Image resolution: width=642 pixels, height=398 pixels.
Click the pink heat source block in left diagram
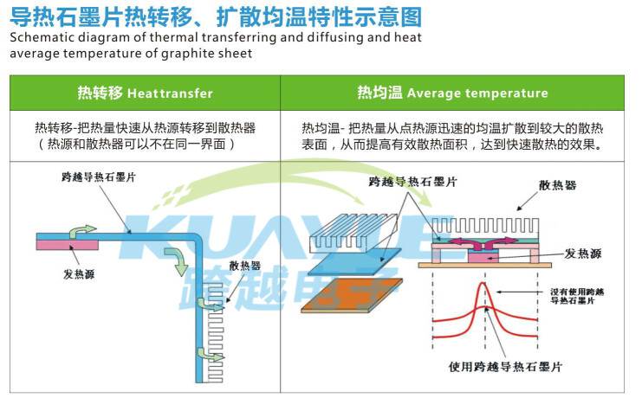(x=68, y=245)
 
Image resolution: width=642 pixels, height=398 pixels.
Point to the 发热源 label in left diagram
(x=79, y=273)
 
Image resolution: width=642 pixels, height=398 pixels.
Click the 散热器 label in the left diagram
(x=244, y=266)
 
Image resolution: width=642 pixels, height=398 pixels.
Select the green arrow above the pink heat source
(x=82, y=231)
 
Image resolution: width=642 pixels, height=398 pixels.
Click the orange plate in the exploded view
(x=352, y=295)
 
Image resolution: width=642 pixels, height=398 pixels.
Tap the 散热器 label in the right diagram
(x=557, y=185)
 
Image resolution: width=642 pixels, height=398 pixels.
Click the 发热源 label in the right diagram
(x=583, y=254)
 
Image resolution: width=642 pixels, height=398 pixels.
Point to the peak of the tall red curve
(x=485, y=283)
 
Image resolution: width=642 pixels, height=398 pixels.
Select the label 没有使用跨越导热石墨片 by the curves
(x=577, y=296)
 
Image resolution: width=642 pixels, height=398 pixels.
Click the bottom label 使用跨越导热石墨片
(x=505, y=367)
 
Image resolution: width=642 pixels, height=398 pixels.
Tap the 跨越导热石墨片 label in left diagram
(x=99, y=177)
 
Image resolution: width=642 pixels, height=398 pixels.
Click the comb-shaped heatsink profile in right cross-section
(x=485, y=226)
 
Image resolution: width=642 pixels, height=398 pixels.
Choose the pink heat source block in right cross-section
(x=483, y=257)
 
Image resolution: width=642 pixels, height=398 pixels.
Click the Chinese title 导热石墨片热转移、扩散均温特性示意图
(x=216, y=16)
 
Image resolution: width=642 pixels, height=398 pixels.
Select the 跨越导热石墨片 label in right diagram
(x=412, y=182)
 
